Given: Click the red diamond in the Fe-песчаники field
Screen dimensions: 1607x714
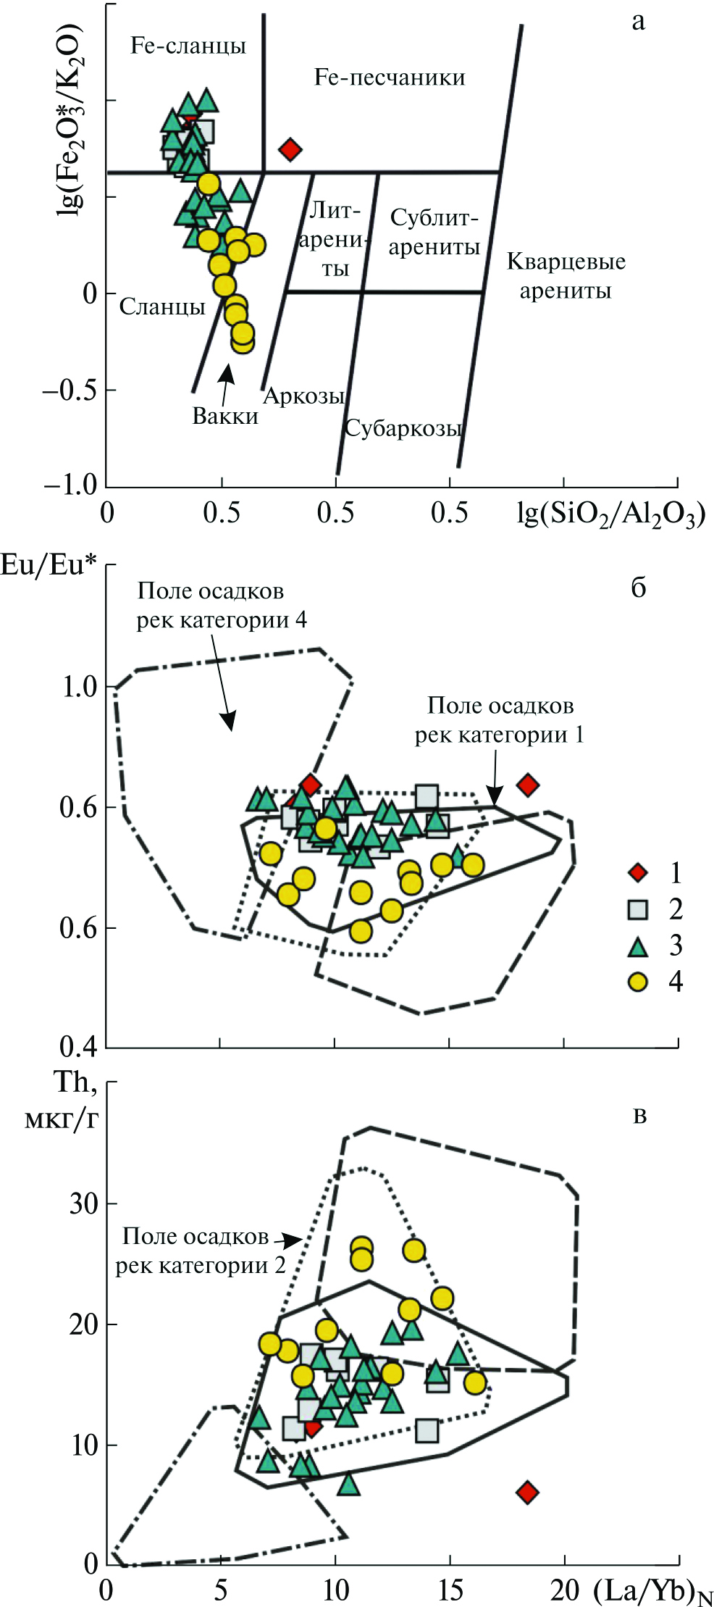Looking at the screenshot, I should pyautogui.click(x=290, y=150).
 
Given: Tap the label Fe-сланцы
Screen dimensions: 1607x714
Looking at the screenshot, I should pyautogui.click(x=188, y=46).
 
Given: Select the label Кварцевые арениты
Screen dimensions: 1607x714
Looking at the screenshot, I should pyautogui.click(x=566, y=276).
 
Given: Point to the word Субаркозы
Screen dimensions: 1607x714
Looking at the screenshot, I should pyautogui.click(x=403, y=428).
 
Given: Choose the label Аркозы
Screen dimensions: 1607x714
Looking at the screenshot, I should pyautogui.click(x=303, y=396).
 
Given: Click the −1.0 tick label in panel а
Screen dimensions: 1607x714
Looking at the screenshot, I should pyautogui.click(x=70, y=485).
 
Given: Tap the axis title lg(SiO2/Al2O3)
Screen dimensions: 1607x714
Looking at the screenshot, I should pyautogui.click(x=610, y=515).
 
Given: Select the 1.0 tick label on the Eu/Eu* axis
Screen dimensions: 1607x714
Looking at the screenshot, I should pyautogui.click(x=80, y=687).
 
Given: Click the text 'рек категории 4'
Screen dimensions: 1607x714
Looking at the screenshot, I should pyautogui.click(x=222, y=620).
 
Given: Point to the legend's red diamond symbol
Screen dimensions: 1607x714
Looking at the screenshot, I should pyautogui.click(x=638, y=872).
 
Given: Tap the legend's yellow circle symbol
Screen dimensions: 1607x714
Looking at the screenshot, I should pyautogui.click(x=638, y=982).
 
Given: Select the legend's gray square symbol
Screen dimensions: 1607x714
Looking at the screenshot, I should pyautogui.click(x=638, y=909).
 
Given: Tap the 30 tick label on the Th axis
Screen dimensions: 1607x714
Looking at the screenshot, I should pyautogui.click(x=83, y=1204).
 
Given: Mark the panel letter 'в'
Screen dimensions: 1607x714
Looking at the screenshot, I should pyautogui.click(x=639, y=1116).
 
